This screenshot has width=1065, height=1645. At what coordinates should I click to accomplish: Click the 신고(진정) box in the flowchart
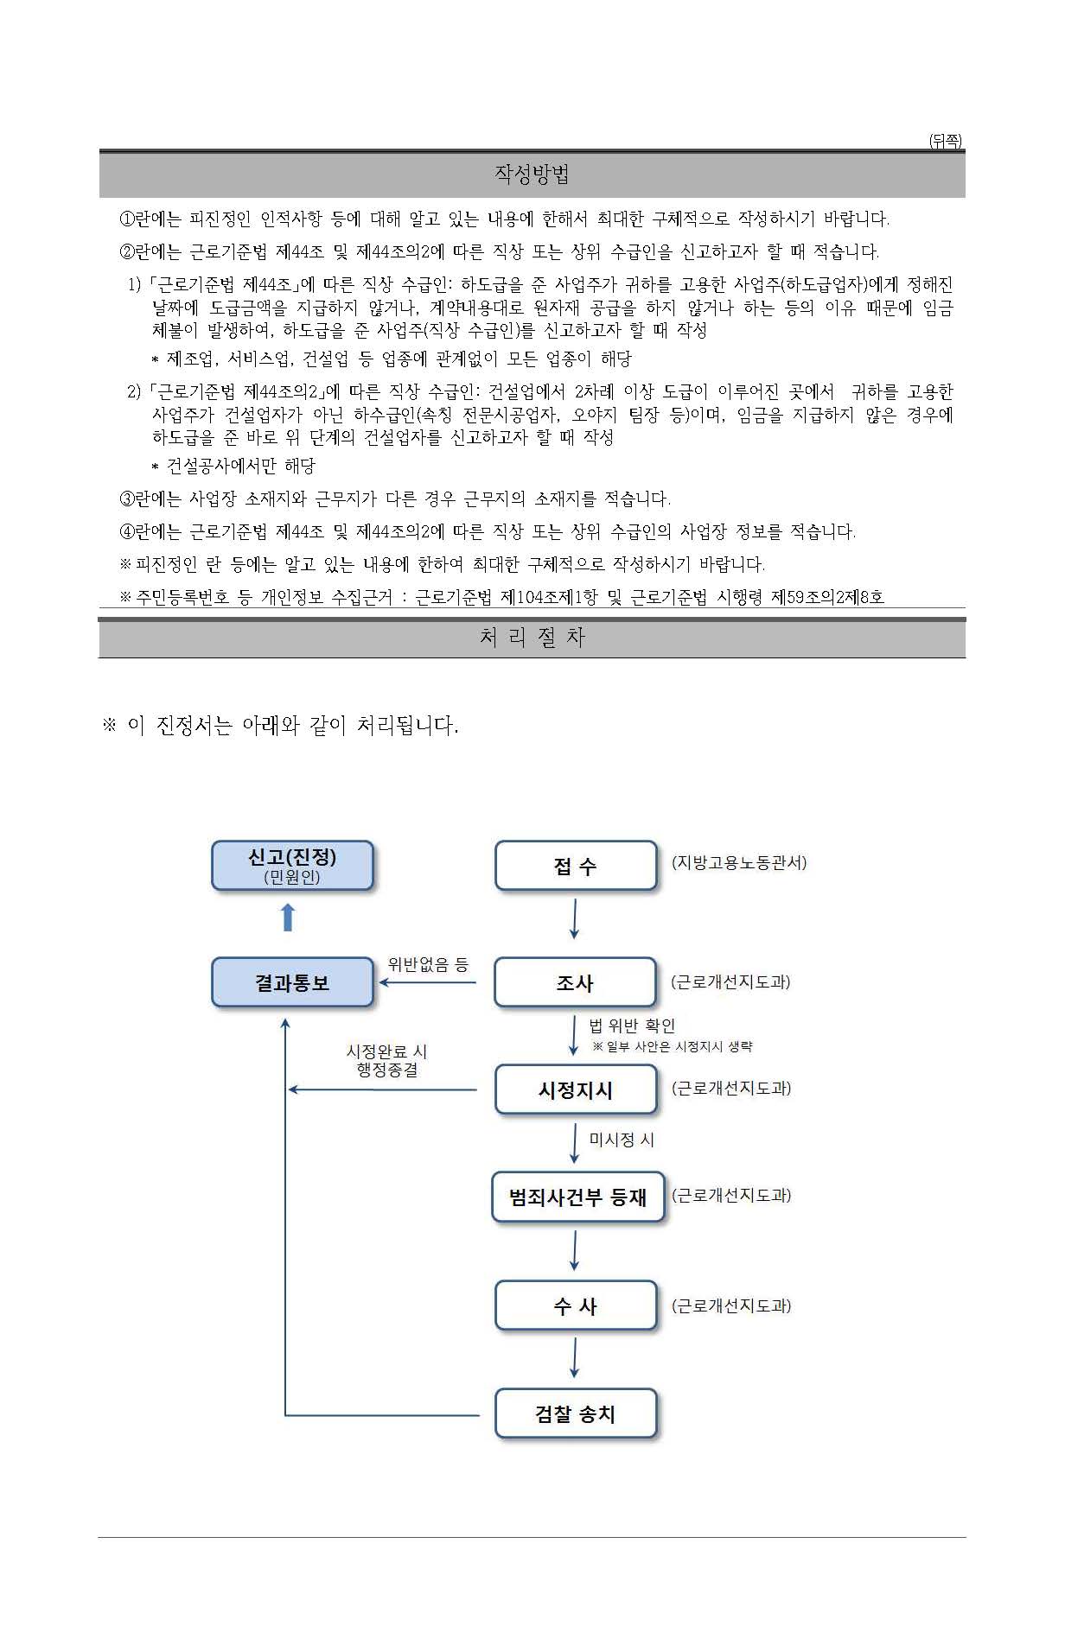[x=292, y=865]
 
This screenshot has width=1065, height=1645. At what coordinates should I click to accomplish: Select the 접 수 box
[x=576, y=866]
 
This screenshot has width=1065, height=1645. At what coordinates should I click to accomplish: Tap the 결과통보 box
[x=292, y=982]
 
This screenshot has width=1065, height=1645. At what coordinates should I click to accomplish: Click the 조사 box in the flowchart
[x=575, y=982]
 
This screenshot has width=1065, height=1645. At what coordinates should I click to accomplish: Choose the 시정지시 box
[x=576, y=1089]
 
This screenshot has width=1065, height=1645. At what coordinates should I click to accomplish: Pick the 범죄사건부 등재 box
[x=577, y=1197]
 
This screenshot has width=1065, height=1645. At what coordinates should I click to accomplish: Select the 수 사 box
[x=576, y=1305]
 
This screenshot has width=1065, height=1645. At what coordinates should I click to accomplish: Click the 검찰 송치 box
[x=576, y=1413]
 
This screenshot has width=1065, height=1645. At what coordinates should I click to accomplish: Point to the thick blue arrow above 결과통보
[x=289, y=918]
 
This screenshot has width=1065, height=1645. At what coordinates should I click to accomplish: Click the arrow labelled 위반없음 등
[x=428, y=982]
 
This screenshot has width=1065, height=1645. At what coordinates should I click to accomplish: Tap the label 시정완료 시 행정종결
[x=387, y=1060]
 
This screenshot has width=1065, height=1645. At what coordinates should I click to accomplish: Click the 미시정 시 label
[x=622, y=1140]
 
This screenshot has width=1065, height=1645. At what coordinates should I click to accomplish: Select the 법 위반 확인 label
[x=632, y=1026]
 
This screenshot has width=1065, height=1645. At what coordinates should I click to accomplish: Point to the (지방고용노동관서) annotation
[x=739, y=862]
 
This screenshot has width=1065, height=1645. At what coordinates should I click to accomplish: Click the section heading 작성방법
[x=532, y=175]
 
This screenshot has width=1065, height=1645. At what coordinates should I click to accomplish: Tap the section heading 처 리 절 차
[x=532, y=638]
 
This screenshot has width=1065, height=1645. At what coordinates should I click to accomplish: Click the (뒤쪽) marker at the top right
[x=945, y=141]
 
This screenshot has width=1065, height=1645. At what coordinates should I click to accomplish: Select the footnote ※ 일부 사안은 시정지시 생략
[x=673, y=1046]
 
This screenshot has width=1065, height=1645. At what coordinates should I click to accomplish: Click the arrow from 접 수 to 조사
[x=575, y=918]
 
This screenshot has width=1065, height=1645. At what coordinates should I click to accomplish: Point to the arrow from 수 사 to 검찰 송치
[x=575, y=1358]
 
